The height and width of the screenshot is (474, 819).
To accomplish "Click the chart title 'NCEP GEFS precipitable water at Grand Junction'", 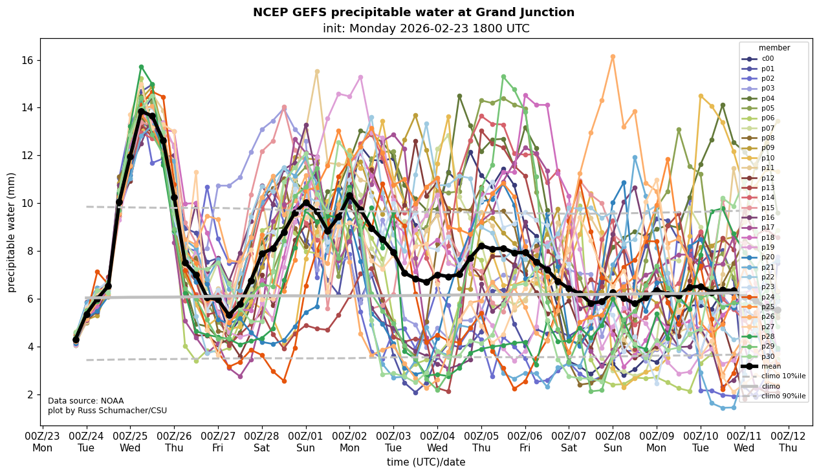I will point(413,12).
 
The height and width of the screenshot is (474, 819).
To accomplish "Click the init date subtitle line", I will point(426,28).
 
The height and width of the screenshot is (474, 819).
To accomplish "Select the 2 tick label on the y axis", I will point(30,394).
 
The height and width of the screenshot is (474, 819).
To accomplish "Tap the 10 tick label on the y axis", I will point(28,203).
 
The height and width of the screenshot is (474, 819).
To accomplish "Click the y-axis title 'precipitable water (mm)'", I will point(12,232).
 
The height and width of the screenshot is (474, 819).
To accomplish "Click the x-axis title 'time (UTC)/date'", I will point(426,462).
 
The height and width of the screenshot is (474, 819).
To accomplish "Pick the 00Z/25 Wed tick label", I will point(130,442).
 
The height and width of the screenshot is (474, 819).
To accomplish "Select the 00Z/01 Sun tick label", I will point(305,442).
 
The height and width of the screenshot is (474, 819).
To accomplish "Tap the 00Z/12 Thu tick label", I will point(788,442).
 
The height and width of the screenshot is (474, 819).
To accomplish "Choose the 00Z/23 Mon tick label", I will point(43,442).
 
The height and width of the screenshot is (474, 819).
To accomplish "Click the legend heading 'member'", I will point(774,48).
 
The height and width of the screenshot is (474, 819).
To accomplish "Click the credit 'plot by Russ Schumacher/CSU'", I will point(107,411).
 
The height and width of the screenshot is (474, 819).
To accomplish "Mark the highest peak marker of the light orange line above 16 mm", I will point(613,57).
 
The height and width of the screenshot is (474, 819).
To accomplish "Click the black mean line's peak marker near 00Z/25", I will point(141,112).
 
